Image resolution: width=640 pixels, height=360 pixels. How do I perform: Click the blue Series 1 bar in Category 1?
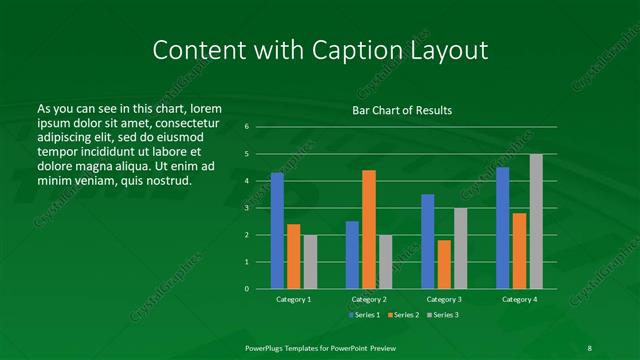[277, 231]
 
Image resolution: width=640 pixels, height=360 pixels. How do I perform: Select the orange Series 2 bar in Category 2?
[368, 229]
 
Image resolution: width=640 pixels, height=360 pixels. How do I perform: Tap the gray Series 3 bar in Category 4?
[536, 221]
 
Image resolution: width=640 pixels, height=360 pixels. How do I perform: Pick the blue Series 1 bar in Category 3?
[427, 241]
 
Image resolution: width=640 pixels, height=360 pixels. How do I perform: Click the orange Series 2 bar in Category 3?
[444, 264]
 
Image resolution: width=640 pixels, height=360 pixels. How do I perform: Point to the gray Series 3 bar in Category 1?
[310, 262]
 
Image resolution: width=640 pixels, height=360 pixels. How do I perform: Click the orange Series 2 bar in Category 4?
[519, 251]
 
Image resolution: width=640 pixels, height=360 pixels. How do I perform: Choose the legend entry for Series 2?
[403, 315]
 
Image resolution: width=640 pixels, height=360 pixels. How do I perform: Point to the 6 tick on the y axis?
[246, 127]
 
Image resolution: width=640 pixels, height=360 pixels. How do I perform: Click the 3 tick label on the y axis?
[246, 208]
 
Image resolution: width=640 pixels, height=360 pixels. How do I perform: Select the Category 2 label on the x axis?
[368, 299]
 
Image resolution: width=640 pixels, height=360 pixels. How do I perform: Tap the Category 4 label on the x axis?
[519, 299]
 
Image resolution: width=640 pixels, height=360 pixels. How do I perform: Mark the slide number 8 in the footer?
[589, 347]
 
